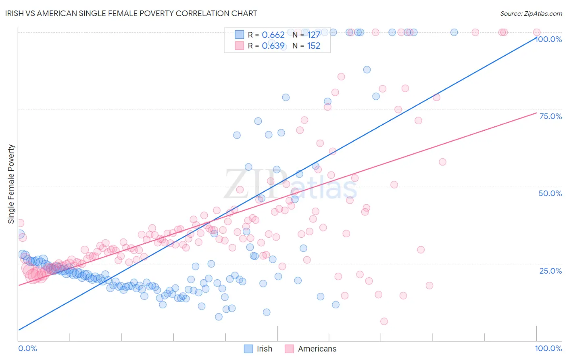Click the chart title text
coord(131,13)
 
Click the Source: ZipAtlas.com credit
coord(531,14)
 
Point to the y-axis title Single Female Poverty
coord(11,184)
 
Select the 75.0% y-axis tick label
coord(550,116)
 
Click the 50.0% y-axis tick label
coord(550,193)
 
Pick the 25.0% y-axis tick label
coord(550,270)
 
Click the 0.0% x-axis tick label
coord(27,348)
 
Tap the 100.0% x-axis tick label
coord(548,348)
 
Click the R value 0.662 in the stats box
coord(273,35)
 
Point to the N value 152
coord(313,46)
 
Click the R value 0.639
coord(273,46)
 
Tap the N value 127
coord(313,35)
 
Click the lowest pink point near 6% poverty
coord(384,321)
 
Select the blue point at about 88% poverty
coord(367,69)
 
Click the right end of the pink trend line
coord(536,113)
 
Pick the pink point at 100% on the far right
coord(537,32)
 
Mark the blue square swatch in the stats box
coord(240,35)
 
